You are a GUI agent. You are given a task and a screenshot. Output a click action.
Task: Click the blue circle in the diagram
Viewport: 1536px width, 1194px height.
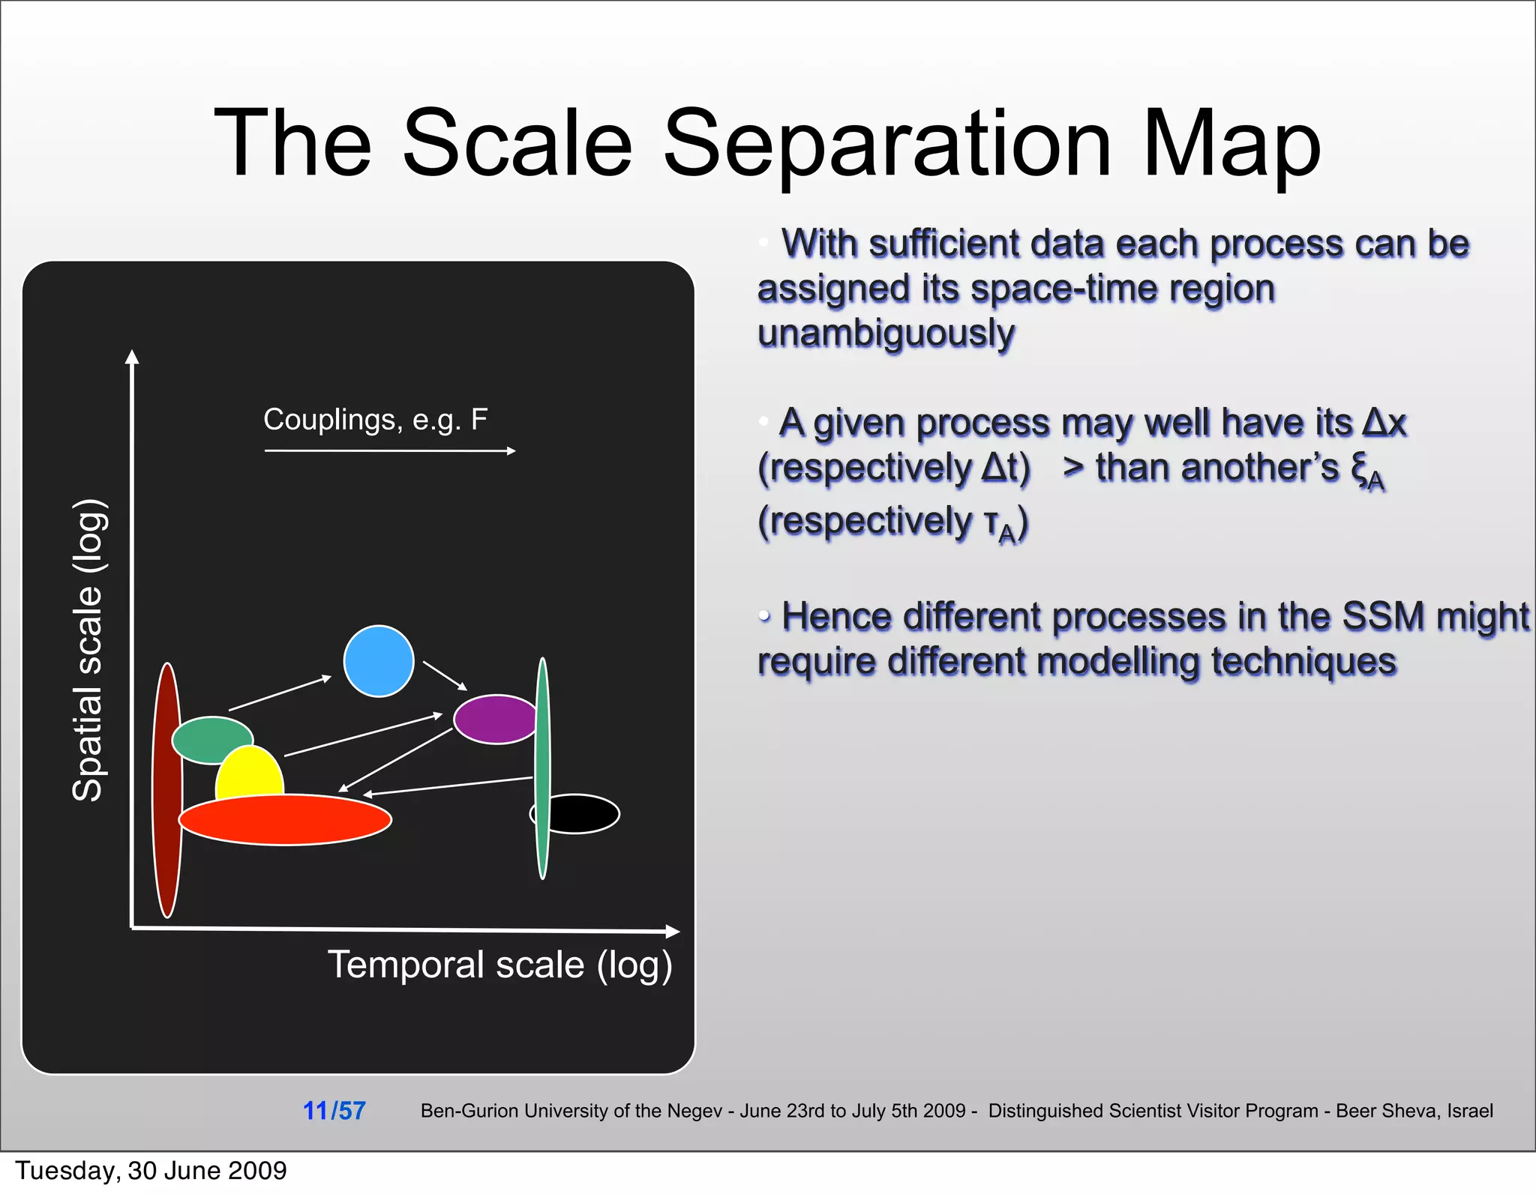coord(379,661)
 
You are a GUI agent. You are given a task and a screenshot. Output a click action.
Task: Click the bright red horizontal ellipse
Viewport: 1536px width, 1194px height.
coord(285,820)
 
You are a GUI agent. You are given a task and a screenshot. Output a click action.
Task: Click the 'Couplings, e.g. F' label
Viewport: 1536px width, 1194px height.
coord(375,420)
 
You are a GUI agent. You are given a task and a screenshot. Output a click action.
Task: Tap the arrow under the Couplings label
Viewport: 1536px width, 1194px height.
coord(390,450)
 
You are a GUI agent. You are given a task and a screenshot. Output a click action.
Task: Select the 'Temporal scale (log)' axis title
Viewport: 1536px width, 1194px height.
coord(499,965)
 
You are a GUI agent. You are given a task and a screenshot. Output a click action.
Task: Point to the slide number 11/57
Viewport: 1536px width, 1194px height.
coord(334,1111)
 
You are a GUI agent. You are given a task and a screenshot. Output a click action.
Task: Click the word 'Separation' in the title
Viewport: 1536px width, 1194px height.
coord(886,144)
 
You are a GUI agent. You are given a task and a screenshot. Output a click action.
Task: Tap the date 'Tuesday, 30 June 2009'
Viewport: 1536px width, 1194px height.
coord(151,1171)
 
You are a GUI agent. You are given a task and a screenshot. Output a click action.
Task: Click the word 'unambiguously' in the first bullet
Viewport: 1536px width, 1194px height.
coord(886,334)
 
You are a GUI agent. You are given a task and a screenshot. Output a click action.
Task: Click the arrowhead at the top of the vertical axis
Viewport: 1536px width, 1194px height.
coord(132,356)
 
